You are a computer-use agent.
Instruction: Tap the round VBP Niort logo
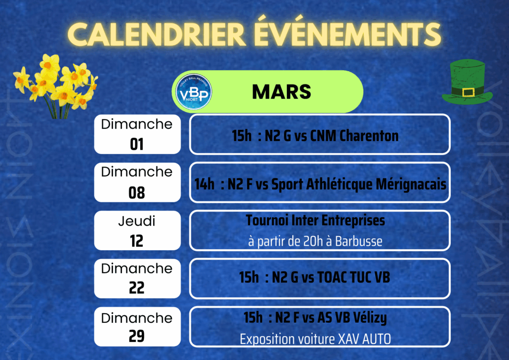[x=194, y=91]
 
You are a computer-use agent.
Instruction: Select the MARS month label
[x=281, y=92]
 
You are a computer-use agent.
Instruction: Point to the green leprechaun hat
[x=467, y=82]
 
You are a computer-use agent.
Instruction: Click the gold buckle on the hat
[x=468, y=92]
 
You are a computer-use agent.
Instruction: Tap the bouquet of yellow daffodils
[x=56, y=86]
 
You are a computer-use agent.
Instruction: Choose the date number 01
[x=137, y=144]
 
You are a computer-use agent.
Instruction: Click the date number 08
[x=137, y=193]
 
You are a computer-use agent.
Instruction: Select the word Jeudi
[x=137, y=221]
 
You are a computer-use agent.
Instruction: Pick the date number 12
[x=137, y=241]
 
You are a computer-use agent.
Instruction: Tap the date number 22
[x=137, y=287]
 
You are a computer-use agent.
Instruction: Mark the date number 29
[x=137, y=336]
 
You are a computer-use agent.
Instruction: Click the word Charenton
[x=369, y=136]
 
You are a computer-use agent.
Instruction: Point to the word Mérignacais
[x=411, y=184]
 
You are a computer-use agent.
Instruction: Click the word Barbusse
[x=359, y=241]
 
